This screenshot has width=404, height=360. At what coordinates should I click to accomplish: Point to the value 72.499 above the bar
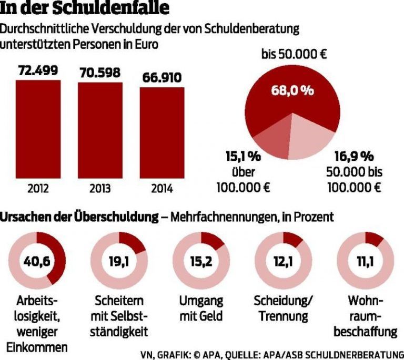[x=38, y=70]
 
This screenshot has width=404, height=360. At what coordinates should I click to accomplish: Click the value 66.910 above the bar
[x=162, y=78]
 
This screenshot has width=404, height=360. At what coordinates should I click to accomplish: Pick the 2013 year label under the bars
[x=100, y=189]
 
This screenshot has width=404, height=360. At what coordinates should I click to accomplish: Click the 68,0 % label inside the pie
[x=292, y=90]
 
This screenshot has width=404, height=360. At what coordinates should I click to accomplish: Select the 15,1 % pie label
[x=243, y=156]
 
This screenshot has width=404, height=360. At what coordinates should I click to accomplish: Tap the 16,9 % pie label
[x=354, y=156]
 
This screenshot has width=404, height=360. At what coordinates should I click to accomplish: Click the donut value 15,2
[x=200, y=260]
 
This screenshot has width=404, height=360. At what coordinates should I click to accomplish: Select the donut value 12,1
[x=282, y=260]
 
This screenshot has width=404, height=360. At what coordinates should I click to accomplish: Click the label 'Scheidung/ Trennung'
[x=283, y=308]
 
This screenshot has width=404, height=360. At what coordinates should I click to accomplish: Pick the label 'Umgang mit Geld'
[x=201, y=308]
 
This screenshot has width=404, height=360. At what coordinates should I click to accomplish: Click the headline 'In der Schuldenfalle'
[x=87, y=9]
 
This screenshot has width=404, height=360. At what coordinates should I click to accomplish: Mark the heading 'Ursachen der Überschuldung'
[x=81, y=217]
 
